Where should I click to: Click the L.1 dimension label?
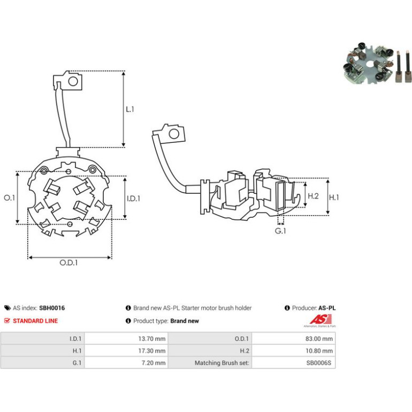130,109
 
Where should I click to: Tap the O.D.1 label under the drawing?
68,263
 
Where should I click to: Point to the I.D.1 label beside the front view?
133,199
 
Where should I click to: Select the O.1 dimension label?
10,197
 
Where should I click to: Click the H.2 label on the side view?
313,196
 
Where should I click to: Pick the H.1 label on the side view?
334,197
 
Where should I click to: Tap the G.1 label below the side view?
280,231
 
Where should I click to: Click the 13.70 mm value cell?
126,339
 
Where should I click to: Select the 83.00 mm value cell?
294,339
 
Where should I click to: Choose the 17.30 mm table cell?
126,351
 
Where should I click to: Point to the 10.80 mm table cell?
294,351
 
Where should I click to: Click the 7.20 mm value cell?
126,363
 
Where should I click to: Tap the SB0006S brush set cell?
294,363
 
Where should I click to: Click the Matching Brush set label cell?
210,363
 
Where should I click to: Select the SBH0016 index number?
52,308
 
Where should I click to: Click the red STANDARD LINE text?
35,321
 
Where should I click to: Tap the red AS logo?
321,319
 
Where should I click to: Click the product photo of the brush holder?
377,64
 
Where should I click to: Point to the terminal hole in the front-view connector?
73,81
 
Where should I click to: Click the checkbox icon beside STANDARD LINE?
7,321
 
